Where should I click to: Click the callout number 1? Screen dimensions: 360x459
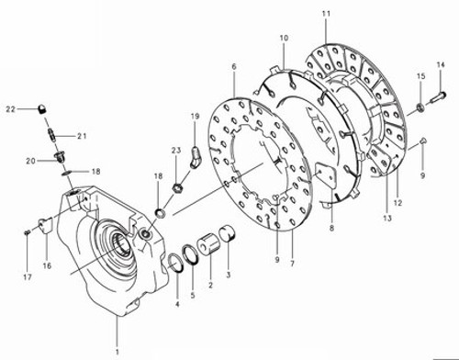pos(117,352)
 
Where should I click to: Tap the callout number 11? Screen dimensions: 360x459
pos(326,13)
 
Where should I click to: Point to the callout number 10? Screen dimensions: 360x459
pos(284,38)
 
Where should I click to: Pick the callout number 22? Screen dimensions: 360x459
pos(11,109)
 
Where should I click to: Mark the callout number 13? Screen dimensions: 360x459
pos(386,219)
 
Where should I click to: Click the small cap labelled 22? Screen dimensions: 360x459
pos(41,109)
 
